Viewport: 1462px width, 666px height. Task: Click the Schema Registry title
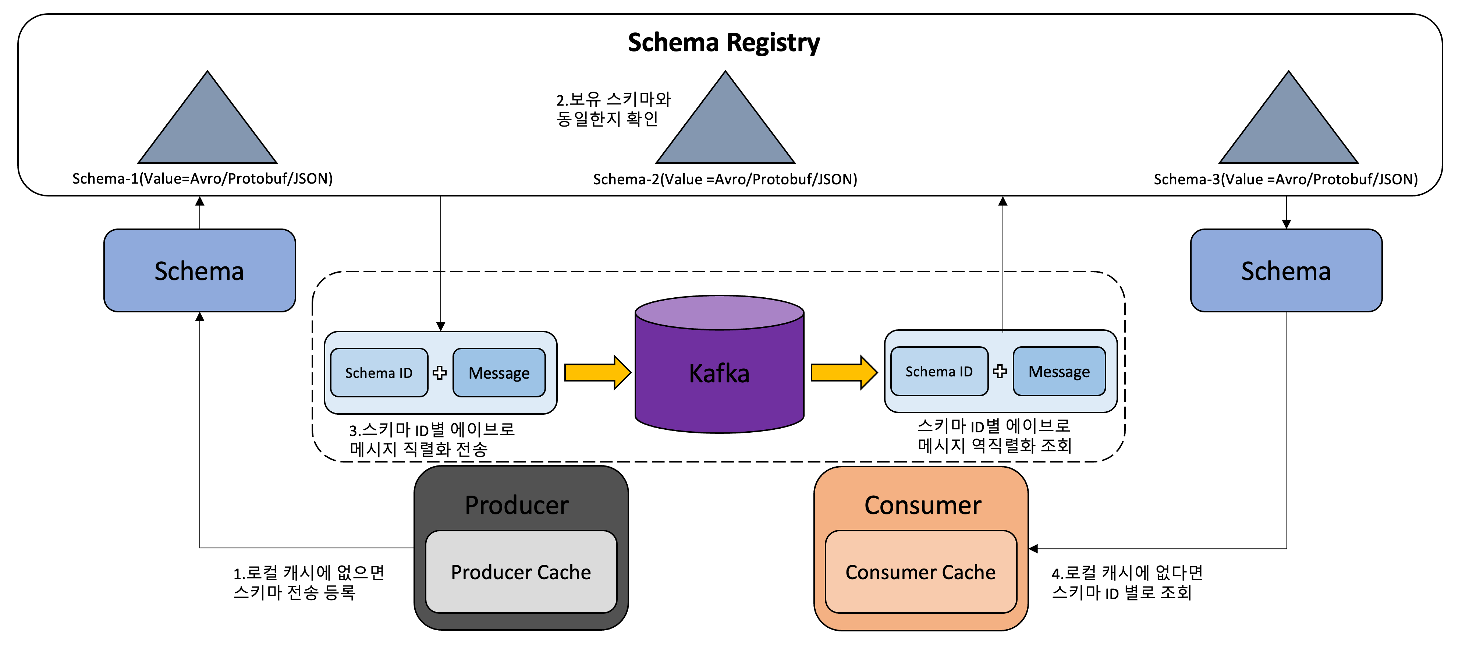point(724,43)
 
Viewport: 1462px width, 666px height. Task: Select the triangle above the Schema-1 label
point(208,128)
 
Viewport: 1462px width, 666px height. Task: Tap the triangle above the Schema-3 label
point(1288,128)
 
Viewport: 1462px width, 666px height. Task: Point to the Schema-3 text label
point(1285,180)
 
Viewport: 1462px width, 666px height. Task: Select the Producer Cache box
point(521,572)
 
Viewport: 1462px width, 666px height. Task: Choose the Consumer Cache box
point(920,572)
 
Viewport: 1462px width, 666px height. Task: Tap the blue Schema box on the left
point(199,271)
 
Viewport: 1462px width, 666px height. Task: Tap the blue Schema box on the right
point(1286,271)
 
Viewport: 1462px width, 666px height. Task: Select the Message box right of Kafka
point(1059,371)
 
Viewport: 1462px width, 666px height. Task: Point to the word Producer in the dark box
point(517,505)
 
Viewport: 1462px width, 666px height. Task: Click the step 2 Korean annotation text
point(613,109)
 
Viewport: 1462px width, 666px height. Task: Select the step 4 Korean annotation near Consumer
point(1126,582)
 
